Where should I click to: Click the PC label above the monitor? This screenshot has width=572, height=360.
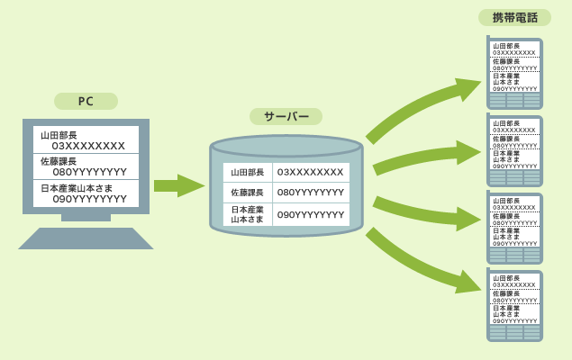coord(86,102)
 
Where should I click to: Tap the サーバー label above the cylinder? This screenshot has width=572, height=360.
coord(286,117)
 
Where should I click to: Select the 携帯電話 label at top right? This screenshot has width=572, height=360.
coord(514,17)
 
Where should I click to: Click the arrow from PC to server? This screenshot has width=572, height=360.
coord(178,185)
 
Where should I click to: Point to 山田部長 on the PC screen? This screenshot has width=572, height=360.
coord(59,135)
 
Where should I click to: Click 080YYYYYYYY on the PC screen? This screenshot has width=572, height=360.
coord(89,172)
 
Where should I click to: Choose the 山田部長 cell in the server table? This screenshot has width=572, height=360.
coord(248,172)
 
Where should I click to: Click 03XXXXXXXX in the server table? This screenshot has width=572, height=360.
coord(310,172)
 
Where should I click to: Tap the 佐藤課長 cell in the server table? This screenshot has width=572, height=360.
coord(248,193)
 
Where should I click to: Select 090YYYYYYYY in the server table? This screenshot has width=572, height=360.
coord(311,215)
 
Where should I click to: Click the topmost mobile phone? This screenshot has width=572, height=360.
coord(514,73)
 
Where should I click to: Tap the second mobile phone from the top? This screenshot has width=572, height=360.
coord(514,150)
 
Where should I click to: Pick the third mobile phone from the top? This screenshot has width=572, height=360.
coord(514,228)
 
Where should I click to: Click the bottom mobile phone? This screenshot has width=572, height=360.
coord(514,305)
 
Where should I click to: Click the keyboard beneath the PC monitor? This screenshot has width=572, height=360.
coord(86,238)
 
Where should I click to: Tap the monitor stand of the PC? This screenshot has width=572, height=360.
coord(86,217)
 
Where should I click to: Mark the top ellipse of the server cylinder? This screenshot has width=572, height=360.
coord(286,146)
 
